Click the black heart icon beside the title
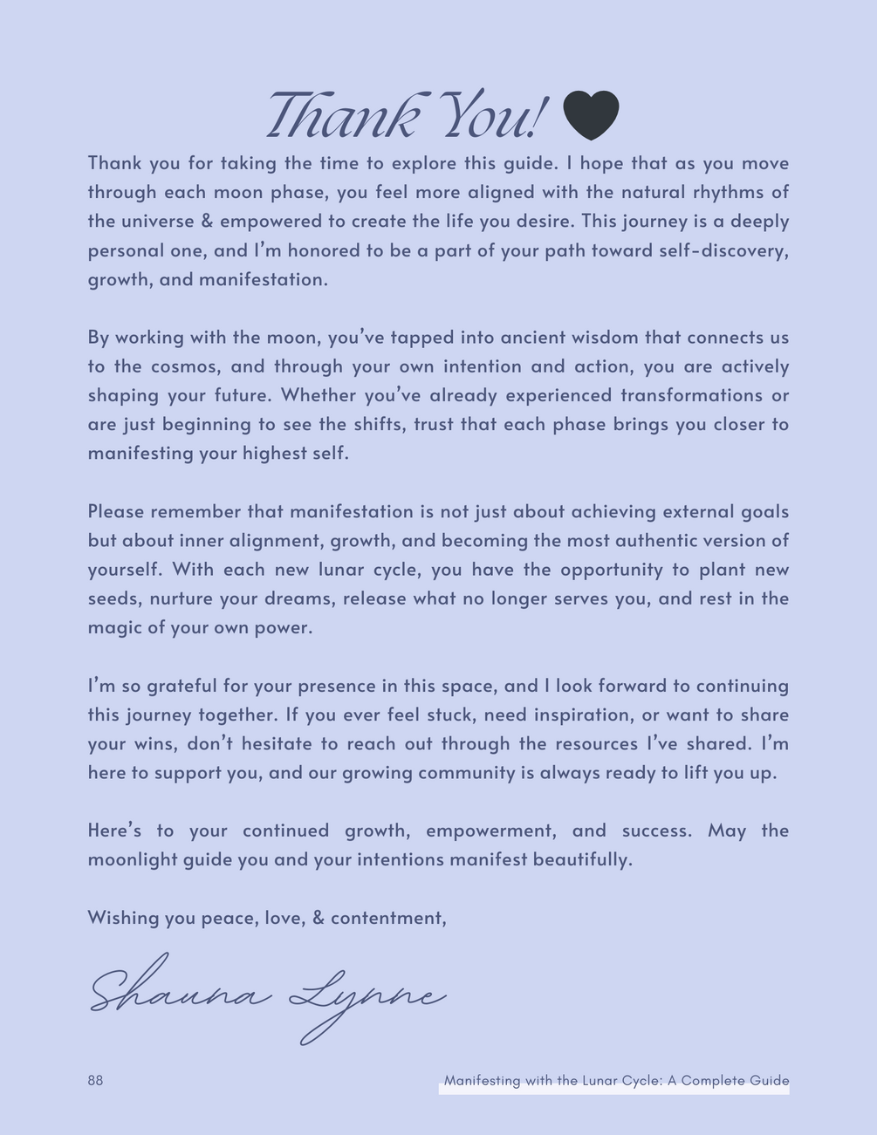(x=591, y=115)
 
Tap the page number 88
(x=95, y=1080)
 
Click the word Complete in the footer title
(x=713, y=1080)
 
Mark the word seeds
(x=113, y=598)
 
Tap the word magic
(x=113, y=628)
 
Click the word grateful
(x=182, y=686)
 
